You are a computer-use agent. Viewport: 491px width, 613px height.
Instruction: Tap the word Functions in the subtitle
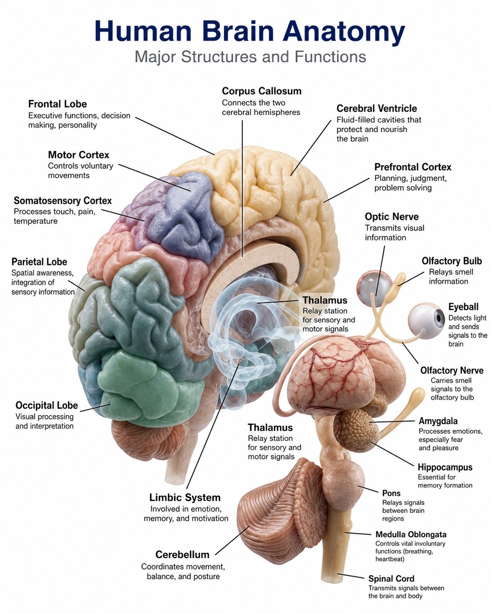pos(330,56)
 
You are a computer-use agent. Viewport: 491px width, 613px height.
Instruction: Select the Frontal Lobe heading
pos(58,104)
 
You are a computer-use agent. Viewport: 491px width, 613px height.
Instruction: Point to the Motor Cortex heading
pos(78,155)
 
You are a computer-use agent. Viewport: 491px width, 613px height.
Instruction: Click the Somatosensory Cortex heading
pos(63,201)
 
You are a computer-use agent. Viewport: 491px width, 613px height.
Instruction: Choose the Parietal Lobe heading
pos(39,261)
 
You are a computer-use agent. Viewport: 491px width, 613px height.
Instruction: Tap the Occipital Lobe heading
pos(46,405)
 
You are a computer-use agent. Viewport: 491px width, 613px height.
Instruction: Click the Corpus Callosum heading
pos(261,91)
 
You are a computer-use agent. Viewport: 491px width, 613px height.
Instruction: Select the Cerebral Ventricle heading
pos(377,108)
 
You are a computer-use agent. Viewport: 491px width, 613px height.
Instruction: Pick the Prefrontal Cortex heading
pos(413,167)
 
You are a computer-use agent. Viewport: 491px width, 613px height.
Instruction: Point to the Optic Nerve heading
pos(392,216)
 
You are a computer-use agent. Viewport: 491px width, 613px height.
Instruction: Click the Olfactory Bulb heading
pos(452,261)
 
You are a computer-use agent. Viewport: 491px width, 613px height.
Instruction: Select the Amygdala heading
pos(438,421)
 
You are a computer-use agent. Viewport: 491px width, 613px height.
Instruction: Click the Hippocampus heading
pos(445,467)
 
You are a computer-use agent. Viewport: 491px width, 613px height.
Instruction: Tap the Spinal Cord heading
pos(391,578)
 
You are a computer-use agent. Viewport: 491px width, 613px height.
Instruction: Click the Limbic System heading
pos(185,498)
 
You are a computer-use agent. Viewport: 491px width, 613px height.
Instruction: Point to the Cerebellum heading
pos(182,554)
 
